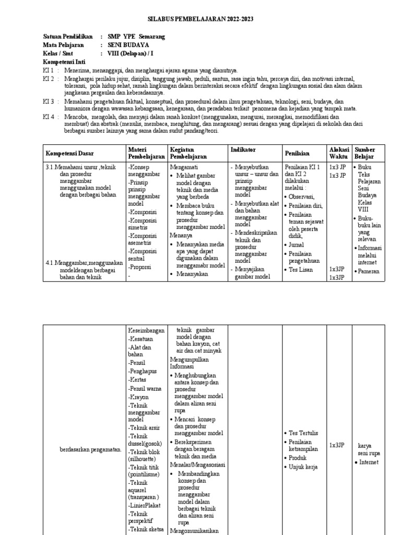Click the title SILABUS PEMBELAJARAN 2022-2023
[x=200, y=19]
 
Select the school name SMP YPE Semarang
[x=136, y=37]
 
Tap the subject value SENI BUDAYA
[x=128, y=45]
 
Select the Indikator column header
[x=243, y=150]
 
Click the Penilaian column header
[x=297, y=153]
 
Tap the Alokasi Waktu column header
[x=338, y=153]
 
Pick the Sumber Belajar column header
[x=364, y=153]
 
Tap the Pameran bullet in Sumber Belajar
[x=369, y=271]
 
